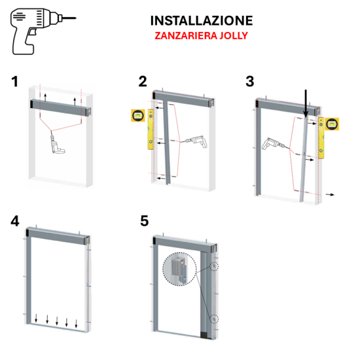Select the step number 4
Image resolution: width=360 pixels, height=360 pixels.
click(14, 221)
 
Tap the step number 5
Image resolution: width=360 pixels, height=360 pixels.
click(144, 221)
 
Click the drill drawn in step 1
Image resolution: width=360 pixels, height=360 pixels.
click(56, 143)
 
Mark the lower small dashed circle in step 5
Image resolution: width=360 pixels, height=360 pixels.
click(216, 319)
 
